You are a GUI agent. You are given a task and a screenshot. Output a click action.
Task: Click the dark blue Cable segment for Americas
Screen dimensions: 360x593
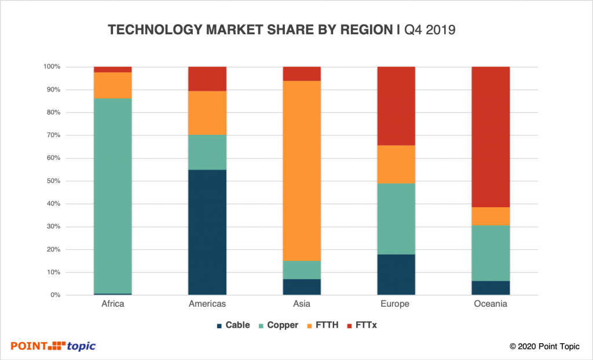207,232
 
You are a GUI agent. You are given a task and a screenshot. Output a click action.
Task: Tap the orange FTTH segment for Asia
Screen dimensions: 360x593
301,171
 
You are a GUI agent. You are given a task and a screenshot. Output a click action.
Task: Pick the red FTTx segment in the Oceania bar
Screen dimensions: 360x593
490,137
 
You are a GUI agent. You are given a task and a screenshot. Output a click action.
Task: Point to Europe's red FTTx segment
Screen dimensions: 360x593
396,106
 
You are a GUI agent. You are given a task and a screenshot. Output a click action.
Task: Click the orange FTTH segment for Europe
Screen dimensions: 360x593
396,164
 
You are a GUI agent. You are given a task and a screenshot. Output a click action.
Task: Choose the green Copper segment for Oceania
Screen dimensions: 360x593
490,253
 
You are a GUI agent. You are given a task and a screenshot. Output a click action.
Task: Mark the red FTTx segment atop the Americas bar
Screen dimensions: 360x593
207,79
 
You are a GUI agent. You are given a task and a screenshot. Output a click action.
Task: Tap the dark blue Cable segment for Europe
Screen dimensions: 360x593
396,274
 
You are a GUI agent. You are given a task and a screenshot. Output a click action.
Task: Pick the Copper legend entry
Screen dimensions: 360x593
280,325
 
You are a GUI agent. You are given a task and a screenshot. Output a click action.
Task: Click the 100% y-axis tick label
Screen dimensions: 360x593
51,67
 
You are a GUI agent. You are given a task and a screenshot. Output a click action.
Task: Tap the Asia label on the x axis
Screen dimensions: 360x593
301,304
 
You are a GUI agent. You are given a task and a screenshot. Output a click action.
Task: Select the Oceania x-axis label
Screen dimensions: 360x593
490,304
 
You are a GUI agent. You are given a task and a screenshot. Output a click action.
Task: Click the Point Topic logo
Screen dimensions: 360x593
53,346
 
